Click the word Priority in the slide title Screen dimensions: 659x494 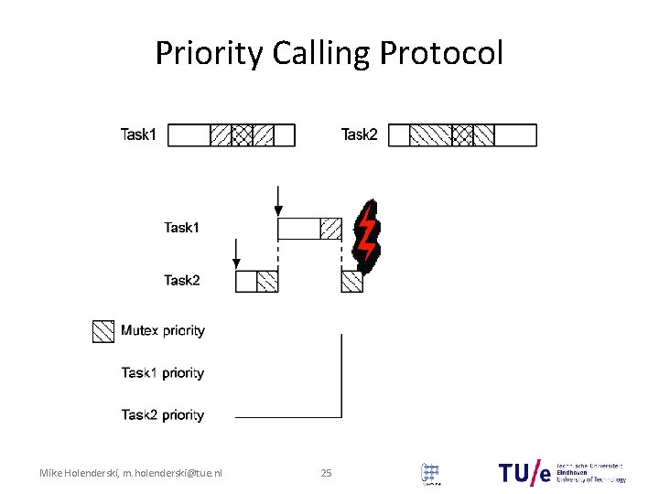click(211, 54)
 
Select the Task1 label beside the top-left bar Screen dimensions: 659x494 click(139, 135)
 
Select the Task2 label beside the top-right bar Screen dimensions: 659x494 click(360, 135)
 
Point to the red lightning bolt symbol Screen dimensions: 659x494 click(366, 235)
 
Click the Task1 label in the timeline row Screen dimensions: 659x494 click(182, 228)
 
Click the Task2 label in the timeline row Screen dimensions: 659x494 click(182, 281)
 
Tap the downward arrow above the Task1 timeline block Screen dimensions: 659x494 click(278, 199)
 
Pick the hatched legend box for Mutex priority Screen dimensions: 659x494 click(103, 330)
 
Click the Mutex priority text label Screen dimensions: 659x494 click(163, 330)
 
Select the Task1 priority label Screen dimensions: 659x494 click(162, 373)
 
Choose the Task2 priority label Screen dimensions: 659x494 click(162, 415)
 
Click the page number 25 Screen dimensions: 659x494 click(327, 473)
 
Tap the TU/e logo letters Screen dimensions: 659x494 click(525, 472)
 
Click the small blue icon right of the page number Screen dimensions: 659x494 click(430, 473)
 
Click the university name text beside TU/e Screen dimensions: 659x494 click(591, 472)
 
